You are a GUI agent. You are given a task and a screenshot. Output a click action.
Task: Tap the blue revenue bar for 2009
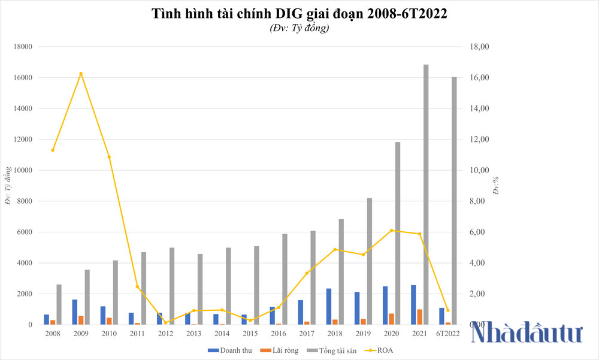(74, 312)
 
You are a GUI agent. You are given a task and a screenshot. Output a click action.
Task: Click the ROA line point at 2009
(81, 74)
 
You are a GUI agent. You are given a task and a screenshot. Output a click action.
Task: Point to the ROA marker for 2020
(392, 230)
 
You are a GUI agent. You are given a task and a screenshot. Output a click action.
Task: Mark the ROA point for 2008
(53, 150)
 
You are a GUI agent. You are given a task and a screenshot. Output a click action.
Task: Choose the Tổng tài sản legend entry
(331, 350)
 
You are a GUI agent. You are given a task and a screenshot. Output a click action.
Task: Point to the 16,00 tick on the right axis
(482, 78)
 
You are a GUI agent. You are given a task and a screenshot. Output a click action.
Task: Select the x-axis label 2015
(250, 333)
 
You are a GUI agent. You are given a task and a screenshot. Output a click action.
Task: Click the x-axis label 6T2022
(448, 333)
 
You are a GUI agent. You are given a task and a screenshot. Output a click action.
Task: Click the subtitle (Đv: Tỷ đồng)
(299, 28)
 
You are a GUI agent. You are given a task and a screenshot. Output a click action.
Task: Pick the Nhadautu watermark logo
(527, 332)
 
